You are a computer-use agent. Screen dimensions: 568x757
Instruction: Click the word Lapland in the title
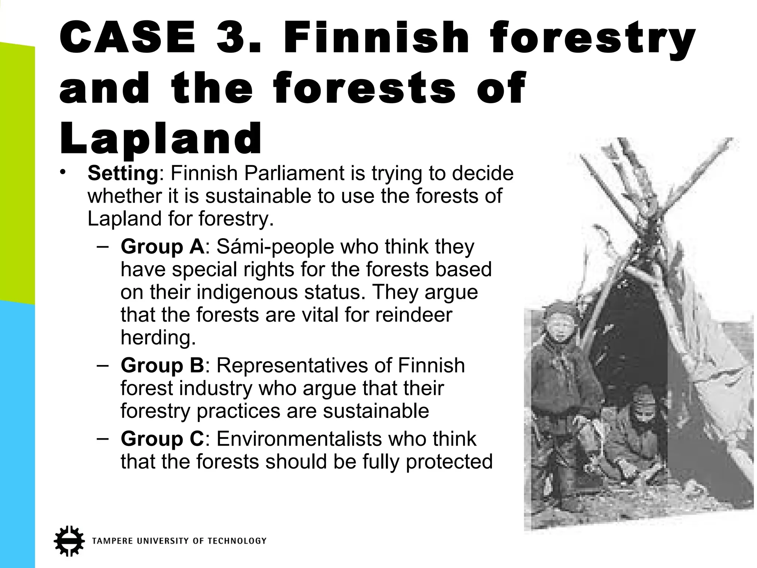(x=161, y=138)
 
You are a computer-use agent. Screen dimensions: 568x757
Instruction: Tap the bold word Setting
(x=123, y=173)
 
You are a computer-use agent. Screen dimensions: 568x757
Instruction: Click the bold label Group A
(x=162, y=247)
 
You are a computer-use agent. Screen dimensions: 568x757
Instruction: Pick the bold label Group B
(x=162, y=365)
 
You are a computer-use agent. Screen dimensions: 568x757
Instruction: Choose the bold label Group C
(x=162, y=439)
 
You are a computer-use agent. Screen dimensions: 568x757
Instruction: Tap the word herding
(x=158, y=337)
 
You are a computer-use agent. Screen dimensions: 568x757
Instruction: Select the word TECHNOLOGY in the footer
(x=237, y=541)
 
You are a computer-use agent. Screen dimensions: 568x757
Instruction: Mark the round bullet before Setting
(x=63, y=172)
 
